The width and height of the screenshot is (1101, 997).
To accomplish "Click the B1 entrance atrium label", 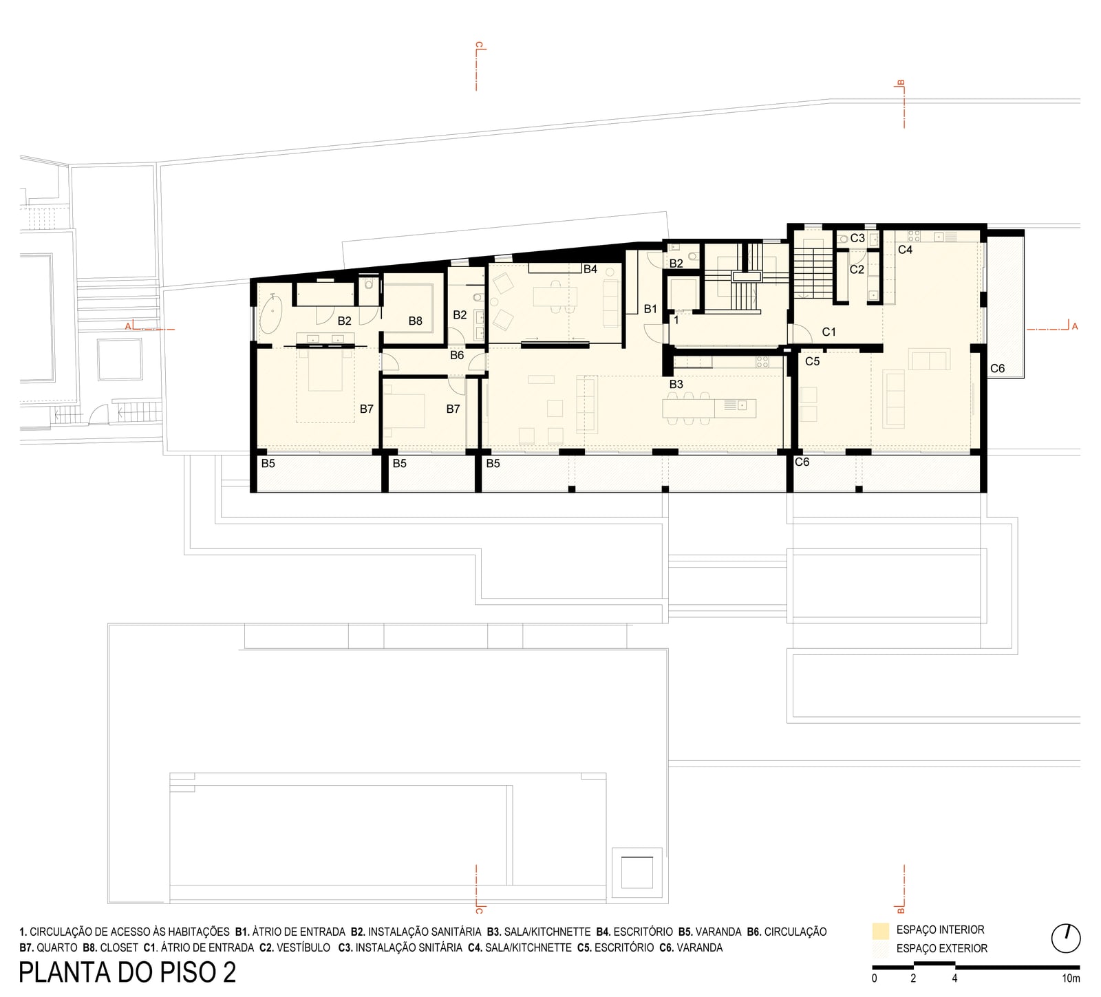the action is (x=650, y=310).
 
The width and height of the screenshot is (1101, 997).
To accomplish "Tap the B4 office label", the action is (x=590, y=269).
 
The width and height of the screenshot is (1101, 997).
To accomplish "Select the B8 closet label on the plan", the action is (x=415, y=321).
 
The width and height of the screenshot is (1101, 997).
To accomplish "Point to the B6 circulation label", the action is (x=457, y=356).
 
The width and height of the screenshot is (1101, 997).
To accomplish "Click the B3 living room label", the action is (x=676, y=384).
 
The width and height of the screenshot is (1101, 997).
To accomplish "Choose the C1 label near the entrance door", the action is (x=829, y=332).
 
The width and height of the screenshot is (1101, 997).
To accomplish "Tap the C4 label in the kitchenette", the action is (x=906, y=250).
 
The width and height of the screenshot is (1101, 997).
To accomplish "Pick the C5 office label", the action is (x=813, y=361).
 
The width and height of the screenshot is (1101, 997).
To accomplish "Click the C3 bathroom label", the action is (x=857, y=238).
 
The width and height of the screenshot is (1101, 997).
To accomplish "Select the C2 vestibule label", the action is (x=857, y=270).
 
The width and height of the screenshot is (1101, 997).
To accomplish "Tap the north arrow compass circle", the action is (x=1066, y=938).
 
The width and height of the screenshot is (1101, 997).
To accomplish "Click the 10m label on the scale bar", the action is (x=1071, y=978).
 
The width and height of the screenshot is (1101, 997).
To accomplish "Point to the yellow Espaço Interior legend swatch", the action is (x=880, y=931).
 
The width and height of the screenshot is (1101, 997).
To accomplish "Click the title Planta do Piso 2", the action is (x=128, y=972).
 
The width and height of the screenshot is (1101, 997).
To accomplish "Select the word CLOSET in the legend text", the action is (x=119, y=947).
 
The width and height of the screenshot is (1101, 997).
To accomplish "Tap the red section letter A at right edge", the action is (x=1075, y=327).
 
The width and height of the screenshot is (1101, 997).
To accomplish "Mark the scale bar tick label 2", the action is (x=913, y=978).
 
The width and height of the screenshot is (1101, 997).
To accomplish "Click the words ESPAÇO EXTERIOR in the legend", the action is (x=942, y=948).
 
